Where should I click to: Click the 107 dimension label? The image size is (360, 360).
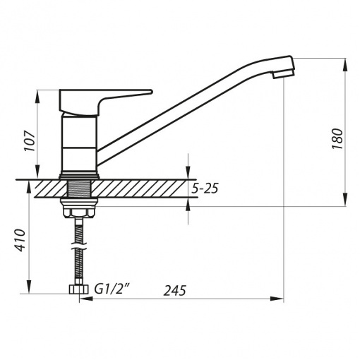(30, 140)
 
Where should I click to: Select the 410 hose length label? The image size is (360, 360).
(19, 240)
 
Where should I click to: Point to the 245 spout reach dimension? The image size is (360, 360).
(175, 290)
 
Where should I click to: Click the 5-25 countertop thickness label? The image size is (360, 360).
(205, 188)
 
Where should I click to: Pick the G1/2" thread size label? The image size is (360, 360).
(112, 289)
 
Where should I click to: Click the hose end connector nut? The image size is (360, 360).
(78, 289)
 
